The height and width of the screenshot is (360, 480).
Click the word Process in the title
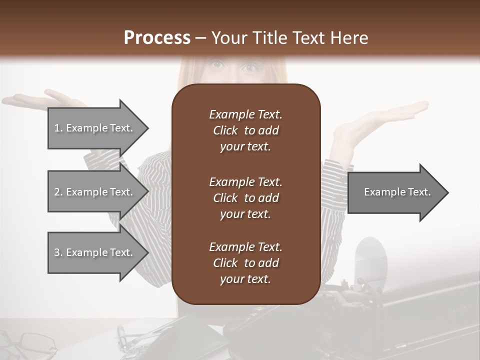pos(157,38)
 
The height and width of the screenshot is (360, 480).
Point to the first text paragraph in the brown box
pos(245,130)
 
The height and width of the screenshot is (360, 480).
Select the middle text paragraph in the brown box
pos(245,198)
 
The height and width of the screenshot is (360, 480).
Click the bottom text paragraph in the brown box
pos(245,263)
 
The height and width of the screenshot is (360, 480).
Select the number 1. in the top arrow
pos(58,128)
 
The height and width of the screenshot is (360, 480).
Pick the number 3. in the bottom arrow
pos(58,252)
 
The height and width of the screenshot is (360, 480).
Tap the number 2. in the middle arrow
pos(58,192)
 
